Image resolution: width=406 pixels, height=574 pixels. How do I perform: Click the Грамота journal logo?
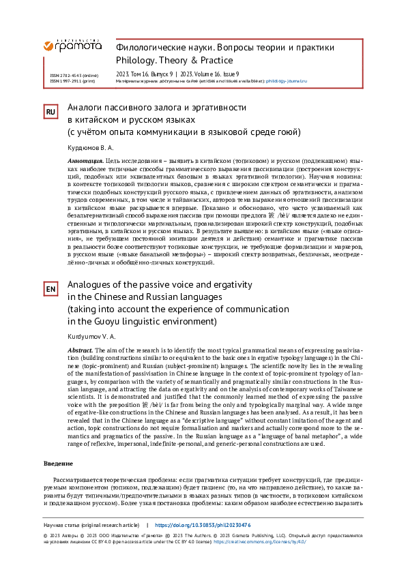coord(72,45)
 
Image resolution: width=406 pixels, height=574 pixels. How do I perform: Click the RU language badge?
coord(50,112)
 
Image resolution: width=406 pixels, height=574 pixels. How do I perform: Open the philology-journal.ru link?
coord(286,80)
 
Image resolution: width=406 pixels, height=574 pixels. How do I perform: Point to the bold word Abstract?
coord(80,350)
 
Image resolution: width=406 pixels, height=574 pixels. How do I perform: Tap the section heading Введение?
coord(58,464)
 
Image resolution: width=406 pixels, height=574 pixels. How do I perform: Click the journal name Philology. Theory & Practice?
coord(175,60)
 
